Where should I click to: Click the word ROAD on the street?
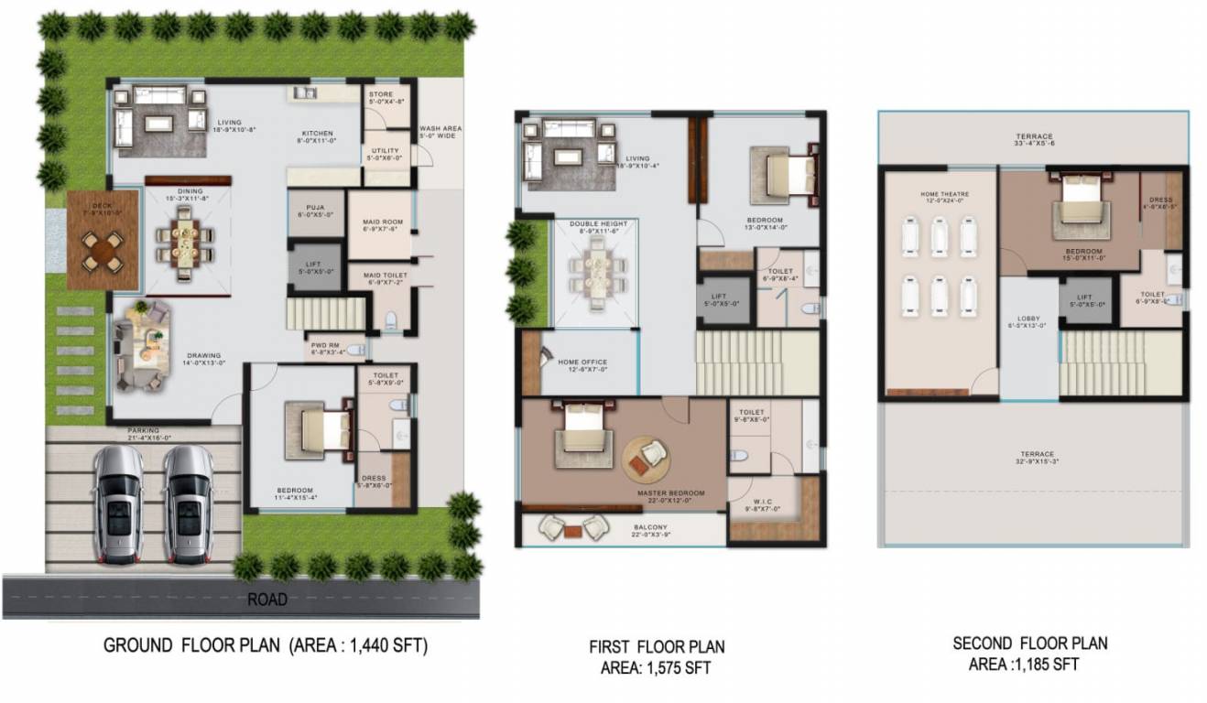tap(267, 600)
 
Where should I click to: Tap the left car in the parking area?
tap(119, 504)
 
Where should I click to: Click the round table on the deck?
tap(102, 249)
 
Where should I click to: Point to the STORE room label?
tap(380, 94)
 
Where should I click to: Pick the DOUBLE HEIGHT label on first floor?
tap(596, 224)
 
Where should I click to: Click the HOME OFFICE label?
tap(582, 362)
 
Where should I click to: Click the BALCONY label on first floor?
tap(651, 527)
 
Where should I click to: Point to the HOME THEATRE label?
tap(941, 194)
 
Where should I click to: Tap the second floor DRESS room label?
tap(1161, 200)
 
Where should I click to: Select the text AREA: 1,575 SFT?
tap(656, 667)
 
